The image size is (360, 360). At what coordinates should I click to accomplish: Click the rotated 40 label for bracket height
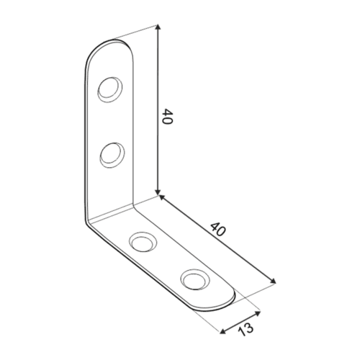pos(168,118)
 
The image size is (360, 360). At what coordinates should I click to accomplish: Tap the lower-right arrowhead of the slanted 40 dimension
pos(274,282)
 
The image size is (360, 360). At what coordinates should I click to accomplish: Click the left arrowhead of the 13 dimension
pos(223,333)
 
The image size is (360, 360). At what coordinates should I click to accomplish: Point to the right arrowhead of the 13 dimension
pos(258,313)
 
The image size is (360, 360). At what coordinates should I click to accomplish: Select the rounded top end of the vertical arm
pos(112,45)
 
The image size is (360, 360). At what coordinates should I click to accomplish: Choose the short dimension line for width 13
pos(240,323)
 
